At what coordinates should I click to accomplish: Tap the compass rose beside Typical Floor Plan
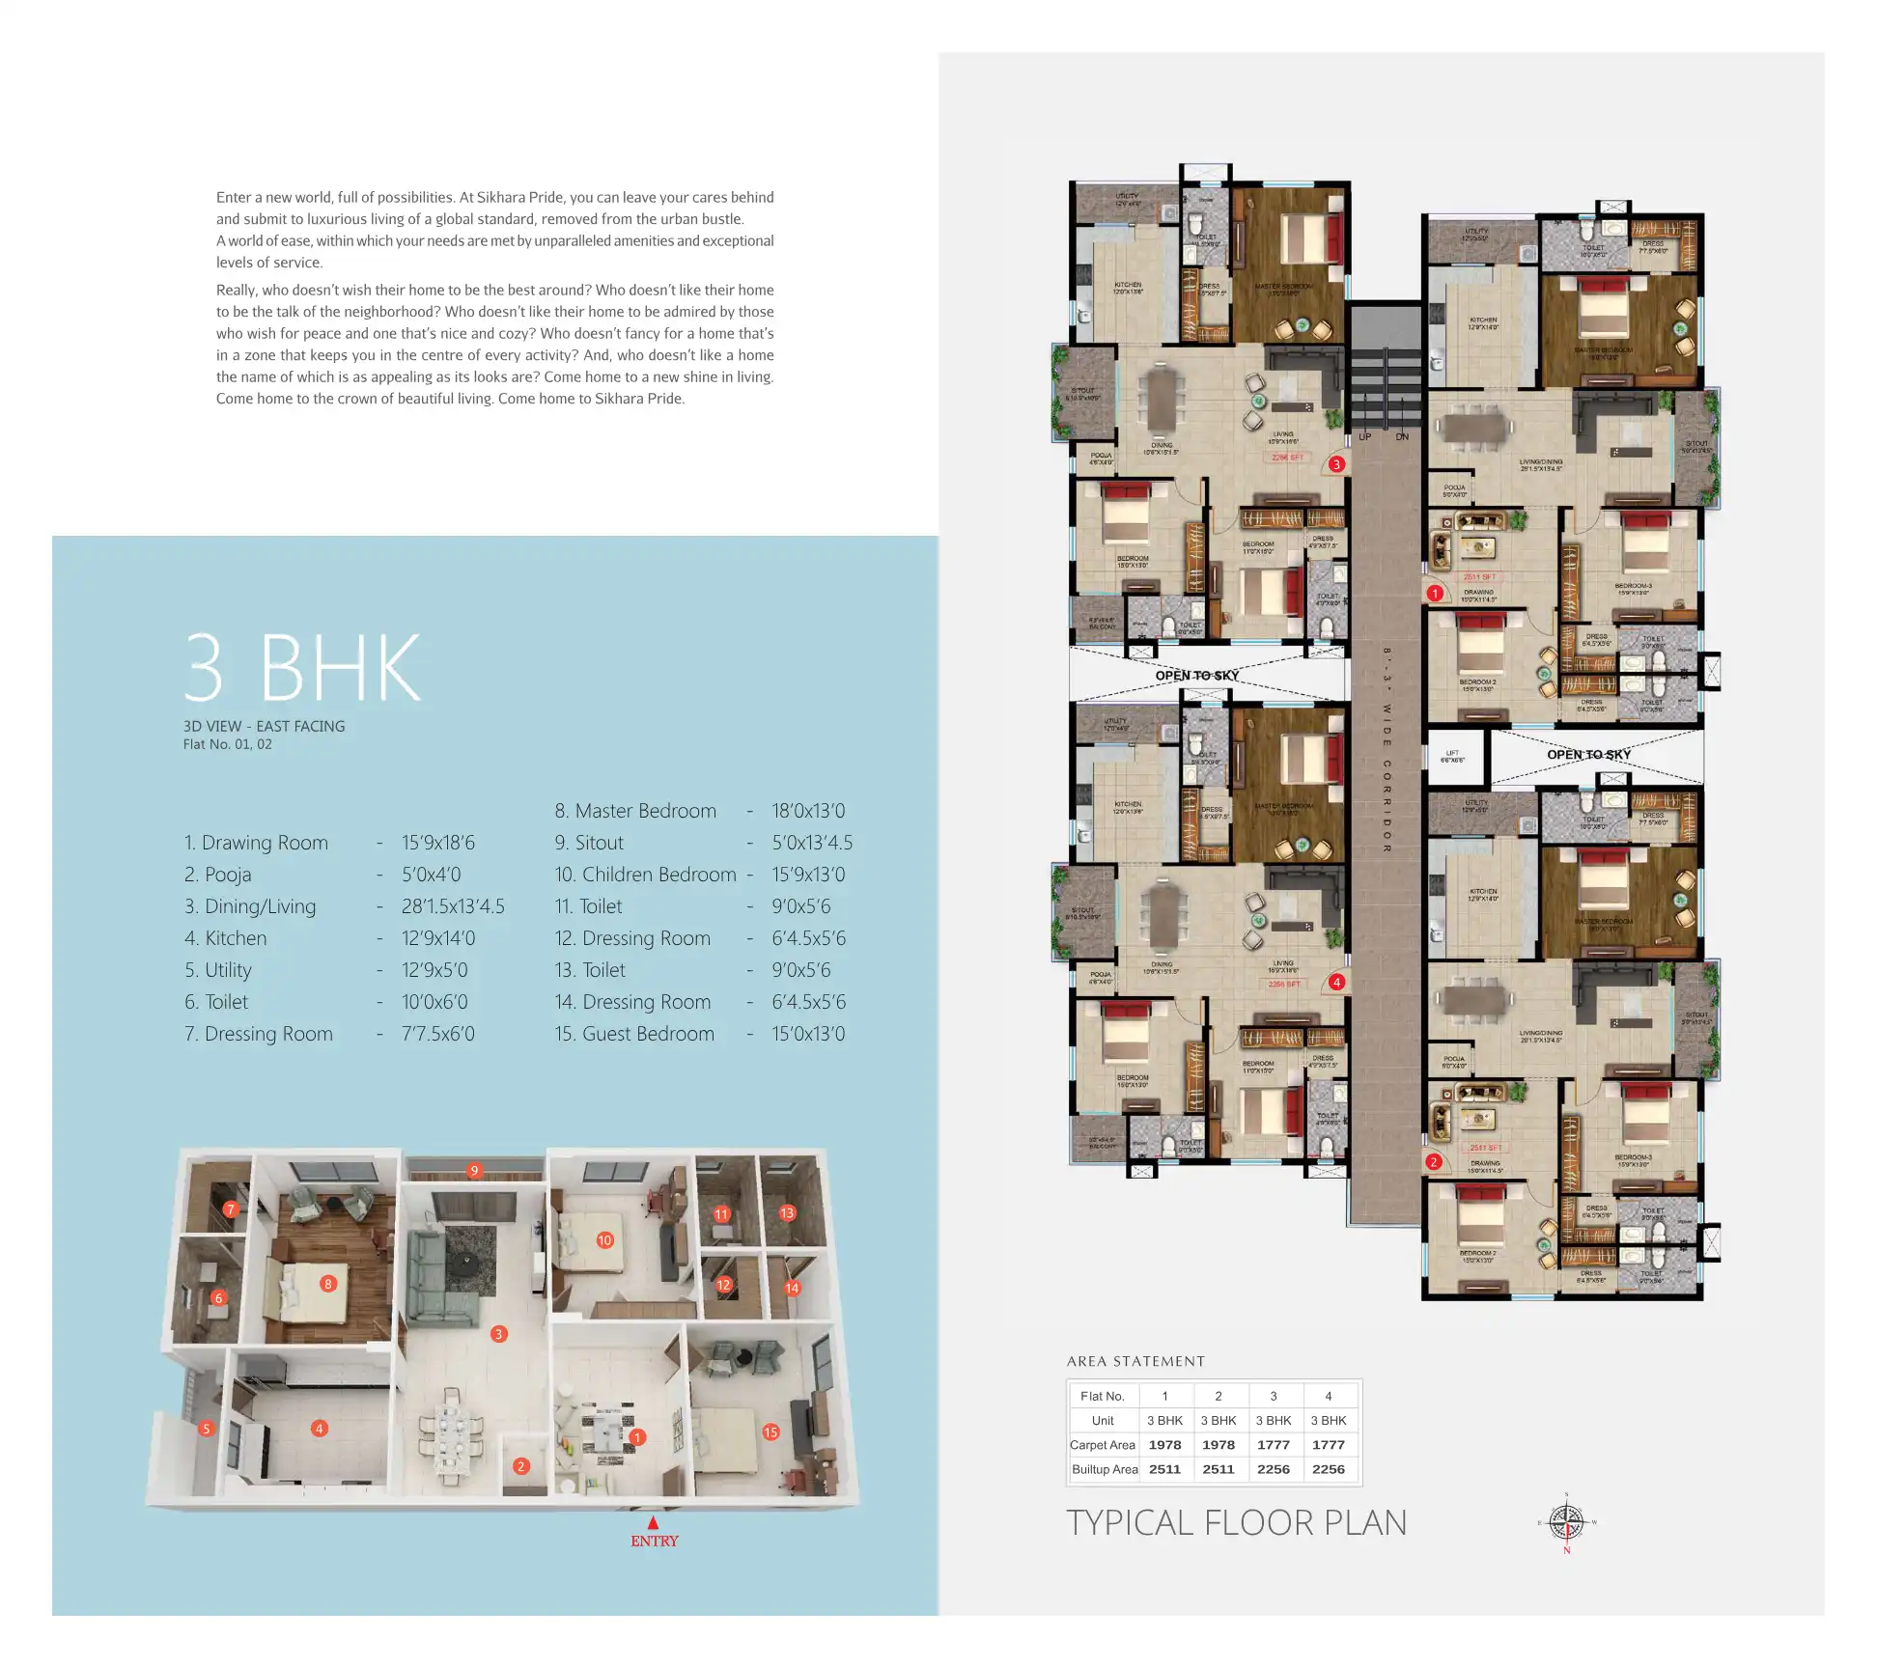tap(1566, 1523)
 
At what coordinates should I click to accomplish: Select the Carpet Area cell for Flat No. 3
tap(1273, 1445)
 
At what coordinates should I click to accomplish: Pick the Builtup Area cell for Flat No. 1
tap(1164, 1469)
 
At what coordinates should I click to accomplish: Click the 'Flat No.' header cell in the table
tap(1103, 1396)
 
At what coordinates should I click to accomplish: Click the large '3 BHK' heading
tap(303, 668)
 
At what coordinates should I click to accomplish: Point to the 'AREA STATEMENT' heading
tap(1135, 1361)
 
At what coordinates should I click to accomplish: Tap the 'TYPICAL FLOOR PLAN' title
tap(1236, 1522)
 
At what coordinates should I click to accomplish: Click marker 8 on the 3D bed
tap(328, 1284)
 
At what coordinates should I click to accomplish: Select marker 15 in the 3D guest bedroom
tap(770, 1432)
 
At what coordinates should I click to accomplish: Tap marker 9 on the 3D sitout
tap(474, 1171)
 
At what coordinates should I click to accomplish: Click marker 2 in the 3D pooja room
tap(521, 1466)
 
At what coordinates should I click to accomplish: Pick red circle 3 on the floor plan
tap(1336, 464)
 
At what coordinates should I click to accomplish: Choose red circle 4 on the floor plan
tap(1336, 983)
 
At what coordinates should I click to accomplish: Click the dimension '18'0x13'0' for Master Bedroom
tap(808, 811)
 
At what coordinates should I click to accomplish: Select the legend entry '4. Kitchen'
tap(226, 938)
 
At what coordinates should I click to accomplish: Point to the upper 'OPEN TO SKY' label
tap(1196, 676)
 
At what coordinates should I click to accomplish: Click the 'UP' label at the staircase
tap(1364, 437)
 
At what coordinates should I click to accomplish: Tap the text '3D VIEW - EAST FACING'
tap(264, 726)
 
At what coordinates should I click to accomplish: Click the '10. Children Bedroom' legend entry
tap(645, 875)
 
